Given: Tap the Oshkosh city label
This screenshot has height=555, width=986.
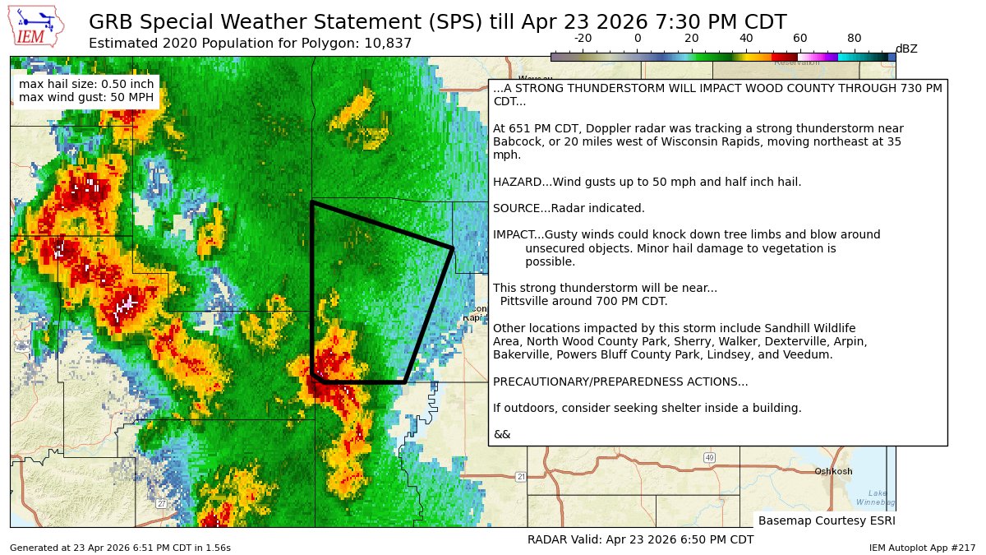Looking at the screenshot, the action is (833, 471).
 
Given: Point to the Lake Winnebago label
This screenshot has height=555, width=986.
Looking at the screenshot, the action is (876, 497).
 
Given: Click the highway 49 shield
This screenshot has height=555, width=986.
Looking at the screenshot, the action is (709, 457).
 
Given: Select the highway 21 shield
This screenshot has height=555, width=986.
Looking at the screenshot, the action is (521, 477).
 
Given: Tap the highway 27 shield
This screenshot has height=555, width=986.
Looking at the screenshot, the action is (162, 503).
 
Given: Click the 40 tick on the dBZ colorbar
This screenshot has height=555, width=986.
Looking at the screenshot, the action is (746, 38).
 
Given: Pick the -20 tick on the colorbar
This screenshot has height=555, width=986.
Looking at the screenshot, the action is (583, 38).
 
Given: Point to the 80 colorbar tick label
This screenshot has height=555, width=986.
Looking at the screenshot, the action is (855, 38).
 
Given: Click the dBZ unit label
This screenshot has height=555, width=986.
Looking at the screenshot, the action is (906, 49).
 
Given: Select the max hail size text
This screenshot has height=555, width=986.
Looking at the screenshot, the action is (85, 84).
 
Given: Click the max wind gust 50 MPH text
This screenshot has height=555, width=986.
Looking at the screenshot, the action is (85, 98).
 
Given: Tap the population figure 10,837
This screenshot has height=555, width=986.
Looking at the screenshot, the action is (386, 43).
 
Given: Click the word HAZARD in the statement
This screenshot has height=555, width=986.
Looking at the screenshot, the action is (516, 182).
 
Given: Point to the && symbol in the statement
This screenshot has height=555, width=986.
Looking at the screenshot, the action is (501, 434).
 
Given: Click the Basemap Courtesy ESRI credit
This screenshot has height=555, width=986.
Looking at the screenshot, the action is (826, 520).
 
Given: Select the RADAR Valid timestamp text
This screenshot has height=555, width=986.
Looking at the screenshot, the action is (640, 539).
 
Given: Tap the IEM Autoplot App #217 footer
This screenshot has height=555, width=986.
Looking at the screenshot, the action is (922, 548).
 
